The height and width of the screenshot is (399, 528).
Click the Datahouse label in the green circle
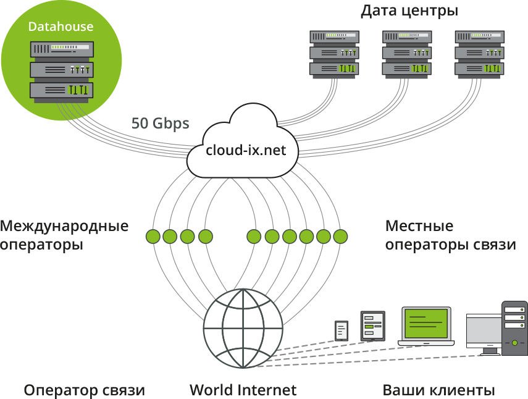click(61, 27)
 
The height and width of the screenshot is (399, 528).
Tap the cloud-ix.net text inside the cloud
click(246, 150)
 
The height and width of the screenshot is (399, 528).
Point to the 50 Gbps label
click(160, 123)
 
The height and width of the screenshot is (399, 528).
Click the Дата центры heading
click(409, 10)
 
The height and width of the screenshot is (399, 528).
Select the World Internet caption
click(243, 390)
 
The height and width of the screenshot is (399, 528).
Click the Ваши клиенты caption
click(438, 390)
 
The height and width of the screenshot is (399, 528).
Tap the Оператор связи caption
click(85, 390)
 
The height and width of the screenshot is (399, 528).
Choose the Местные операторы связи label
click(450, 235)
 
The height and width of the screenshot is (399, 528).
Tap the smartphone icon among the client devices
click(341, 330)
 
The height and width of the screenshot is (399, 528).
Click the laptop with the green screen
click(426, 326)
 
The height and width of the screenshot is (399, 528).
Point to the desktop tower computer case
click(514, 328)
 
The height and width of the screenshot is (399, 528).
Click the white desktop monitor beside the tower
click(484, 334)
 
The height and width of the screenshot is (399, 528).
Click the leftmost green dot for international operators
click(153, 236)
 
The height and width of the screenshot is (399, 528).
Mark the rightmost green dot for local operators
click(340, 236)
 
